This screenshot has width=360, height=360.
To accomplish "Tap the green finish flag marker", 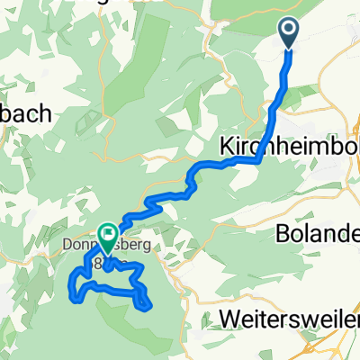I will (107, 237).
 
